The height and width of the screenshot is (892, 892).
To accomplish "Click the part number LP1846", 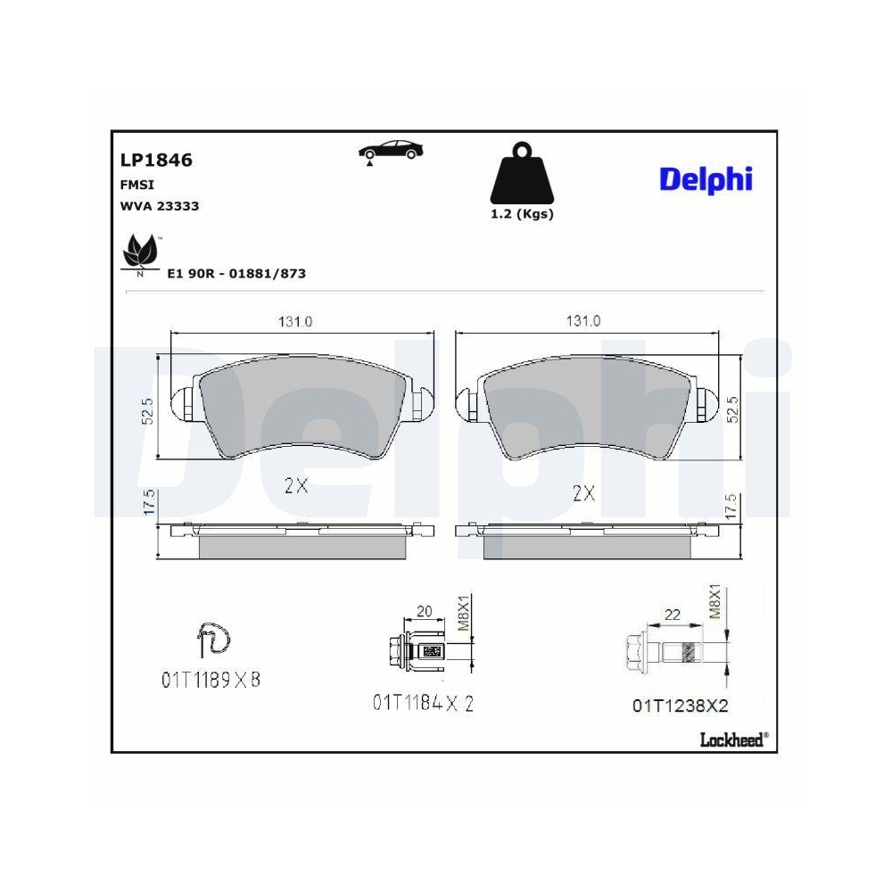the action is pos(156,160).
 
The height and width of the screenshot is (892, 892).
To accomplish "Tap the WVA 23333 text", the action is pos(160,206).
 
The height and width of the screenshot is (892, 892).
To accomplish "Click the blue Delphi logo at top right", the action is pos(706,179).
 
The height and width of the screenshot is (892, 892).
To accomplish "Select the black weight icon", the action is pos(522,173).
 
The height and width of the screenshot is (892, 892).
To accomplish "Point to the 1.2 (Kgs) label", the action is pos(522,214).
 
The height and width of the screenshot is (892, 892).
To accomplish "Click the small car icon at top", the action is pos(391,152).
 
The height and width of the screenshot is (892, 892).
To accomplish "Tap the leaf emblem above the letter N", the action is pos(139,251).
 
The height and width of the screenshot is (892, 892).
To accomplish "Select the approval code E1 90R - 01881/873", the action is pos(236,274).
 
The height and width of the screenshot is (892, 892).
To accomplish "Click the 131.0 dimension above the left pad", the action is pos(294,321).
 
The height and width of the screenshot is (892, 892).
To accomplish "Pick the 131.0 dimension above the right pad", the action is pos(583,321).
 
